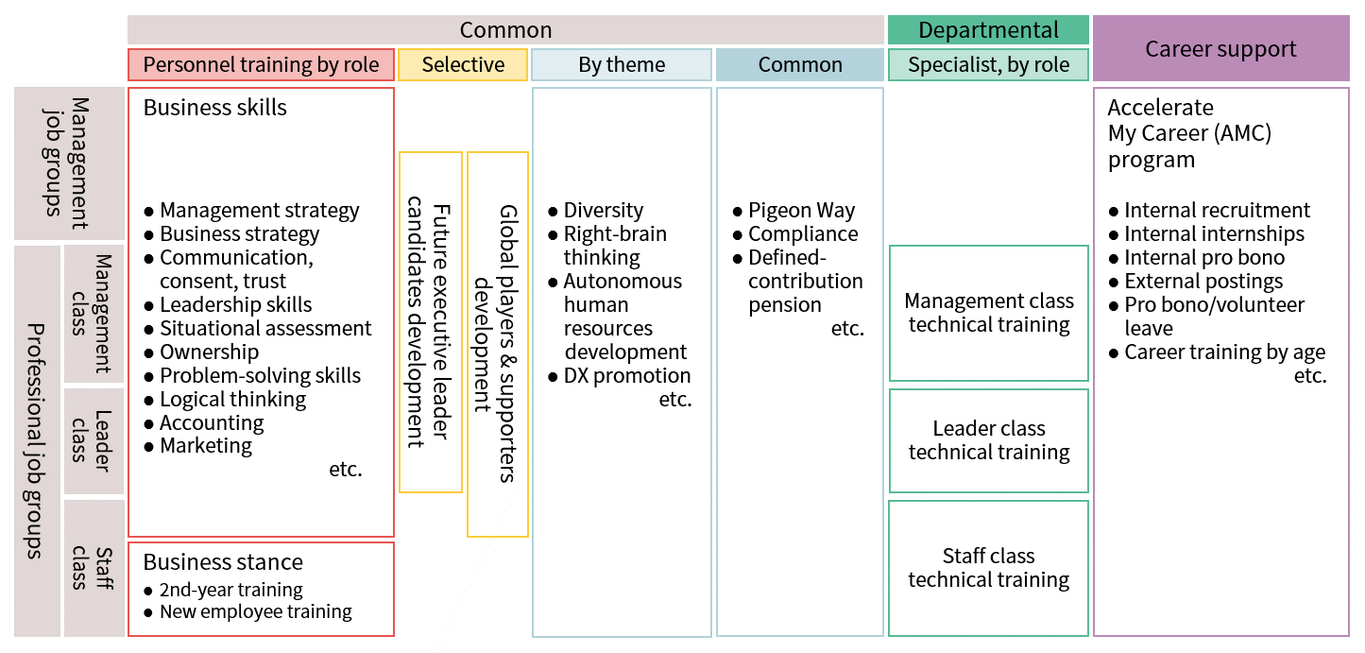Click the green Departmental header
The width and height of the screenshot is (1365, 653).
pos(988,30)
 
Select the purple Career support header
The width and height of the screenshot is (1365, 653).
pos(1220,48)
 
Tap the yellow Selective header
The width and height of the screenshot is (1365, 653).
pos(463,64)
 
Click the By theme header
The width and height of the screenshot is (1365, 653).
pos(622,64)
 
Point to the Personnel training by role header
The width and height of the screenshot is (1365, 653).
pos(261,64)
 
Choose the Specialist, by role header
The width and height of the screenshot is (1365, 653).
pos(988,64)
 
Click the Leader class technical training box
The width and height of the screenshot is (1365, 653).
pos(988,440)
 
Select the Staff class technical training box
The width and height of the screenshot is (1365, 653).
pos(988,568)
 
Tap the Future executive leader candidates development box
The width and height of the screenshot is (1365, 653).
pos(430,322)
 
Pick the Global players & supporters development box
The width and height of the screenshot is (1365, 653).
pos(497,344)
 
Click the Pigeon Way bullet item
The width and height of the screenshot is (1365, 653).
pos(793,211)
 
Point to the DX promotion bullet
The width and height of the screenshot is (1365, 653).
pos(619,375)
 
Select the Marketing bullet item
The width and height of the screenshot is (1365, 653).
pos(197,446)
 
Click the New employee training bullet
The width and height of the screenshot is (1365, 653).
pos(247,611)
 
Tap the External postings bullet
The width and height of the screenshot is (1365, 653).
pos(1196,281)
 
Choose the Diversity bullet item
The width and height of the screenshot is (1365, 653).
pos(595,211)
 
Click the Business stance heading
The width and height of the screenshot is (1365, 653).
pos(223,561)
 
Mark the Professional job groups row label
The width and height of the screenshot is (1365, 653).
pos(37,440)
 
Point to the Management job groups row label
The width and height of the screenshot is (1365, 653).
pos(69,163)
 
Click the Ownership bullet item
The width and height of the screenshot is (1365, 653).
pos(201,352)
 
